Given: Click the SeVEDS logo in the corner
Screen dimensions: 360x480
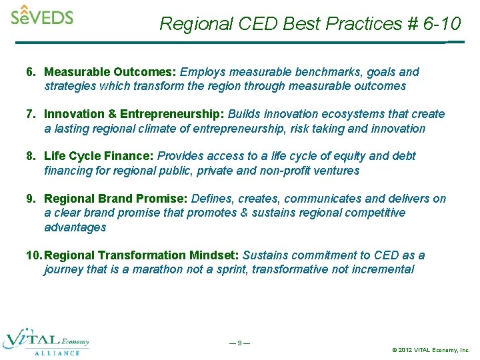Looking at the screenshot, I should click(41, 15).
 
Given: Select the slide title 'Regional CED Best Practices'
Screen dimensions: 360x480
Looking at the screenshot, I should click(273, 24).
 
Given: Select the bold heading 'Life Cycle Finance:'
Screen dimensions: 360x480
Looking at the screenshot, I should click(99, 156).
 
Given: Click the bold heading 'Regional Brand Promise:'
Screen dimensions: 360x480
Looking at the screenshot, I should click(116, 199).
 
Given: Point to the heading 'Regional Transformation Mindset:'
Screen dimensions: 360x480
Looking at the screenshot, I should click(141, 255).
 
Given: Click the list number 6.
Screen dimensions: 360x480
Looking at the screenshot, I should click(29, 72).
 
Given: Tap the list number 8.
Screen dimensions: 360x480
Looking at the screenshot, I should click(29, 156).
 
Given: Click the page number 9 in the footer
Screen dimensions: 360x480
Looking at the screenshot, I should click(239, 343).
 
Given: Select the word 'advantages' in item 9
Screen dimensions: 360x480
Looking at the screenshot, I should click(75, 227).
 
